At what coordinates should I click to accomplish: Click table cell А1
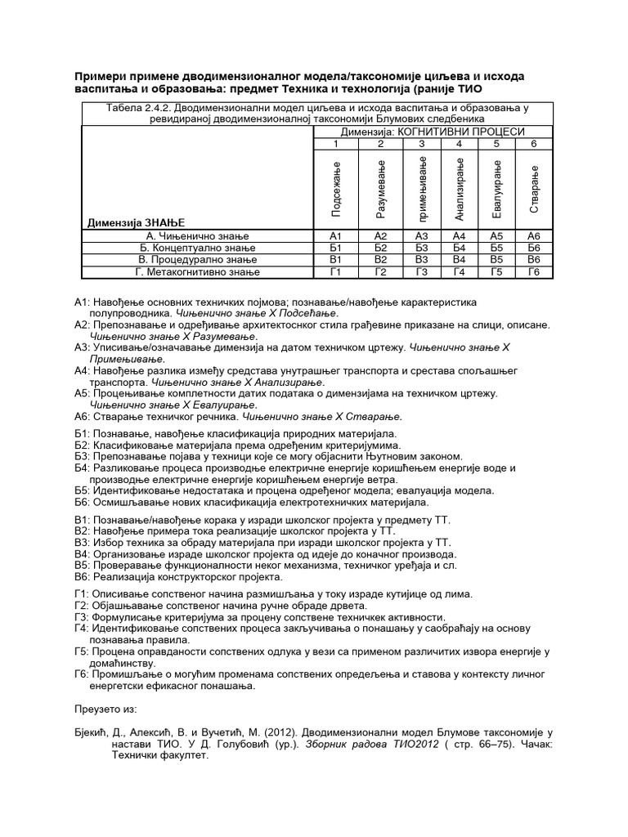(x=334, y=235)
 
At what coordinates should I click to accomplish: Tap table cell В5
(x=496, y=259)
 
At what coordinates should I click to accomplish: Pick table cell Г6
(x=534, y=271)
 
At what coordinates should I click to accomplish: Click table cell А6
(x=534, y=235)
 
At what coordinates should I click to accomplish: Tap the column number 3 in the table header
(x=421, y=144)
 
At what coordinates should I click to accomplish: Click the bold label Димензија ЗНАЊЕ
(x=136, y=222)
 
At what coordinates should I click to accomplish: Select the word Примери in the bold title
(x=102, y=76)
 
